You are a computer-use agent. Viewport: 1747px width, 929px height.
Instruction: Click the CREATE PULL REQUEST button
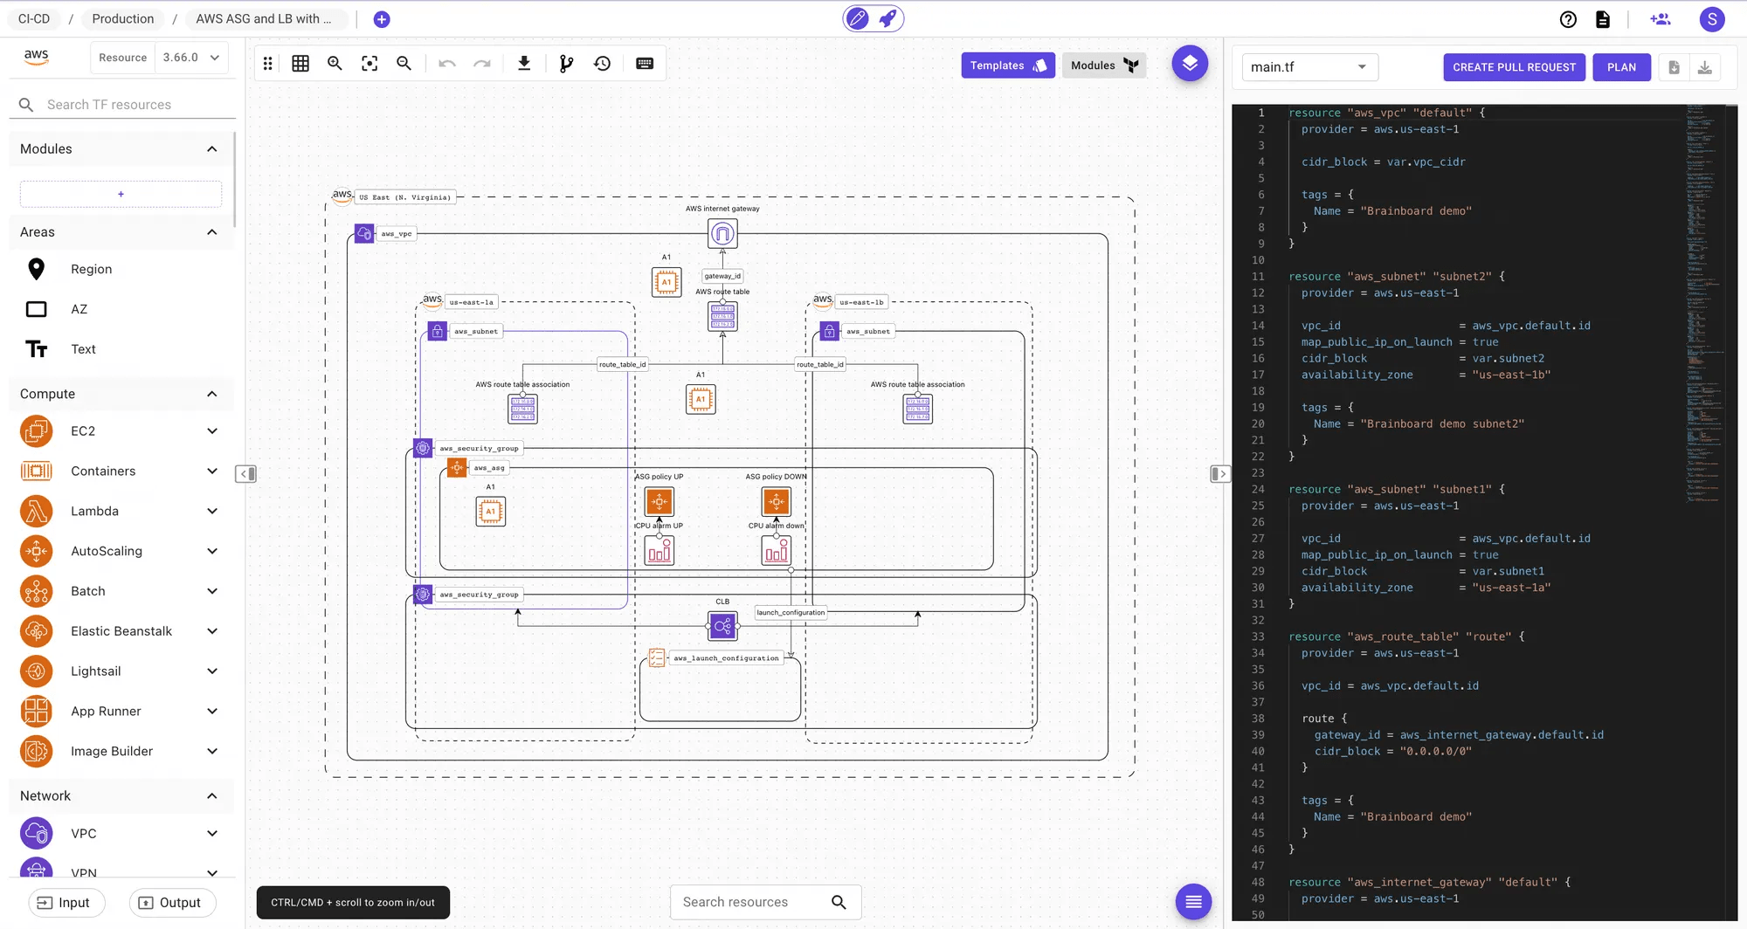pos(1514,67)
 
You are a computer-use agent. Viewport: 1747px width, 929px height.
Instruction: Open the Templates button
pos(1007,65)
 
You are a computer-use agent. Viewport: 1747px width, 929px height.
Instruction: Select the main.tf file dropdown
pos(1309,67)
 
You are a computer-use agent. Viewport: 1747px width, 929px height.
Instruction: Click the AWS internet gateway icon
pos(722,234)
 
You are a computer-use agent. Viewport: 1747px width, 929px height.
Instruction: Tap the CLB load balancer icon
pos(722,626)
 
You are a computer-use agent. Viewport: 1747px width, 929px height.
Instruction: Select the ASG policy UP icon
pos(659,502)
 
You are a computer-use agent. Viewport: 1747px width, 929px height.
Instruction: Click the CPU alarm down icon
pos(776,551)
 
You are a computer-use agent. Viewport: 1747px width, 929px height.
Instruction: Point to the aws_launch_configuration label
pos(726,658)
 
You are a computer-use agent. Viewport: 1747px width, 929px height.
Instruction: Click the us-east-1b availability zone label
pos(861,302)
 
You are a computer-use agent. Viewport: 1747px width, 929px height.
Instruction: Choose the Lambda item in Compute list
pos(94,511)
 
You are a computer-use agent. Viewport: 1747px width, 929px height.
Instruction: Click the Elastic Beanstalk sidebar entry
pos(121,631)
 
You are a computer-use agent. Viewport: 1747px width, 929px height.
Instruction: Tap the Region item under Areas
pos(91,269)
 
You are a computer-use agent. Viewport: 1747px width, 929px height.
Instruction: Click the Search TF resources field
pos(131,105)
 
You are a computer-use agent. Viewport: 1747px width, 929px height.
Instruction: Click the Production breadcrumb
pos(123,19)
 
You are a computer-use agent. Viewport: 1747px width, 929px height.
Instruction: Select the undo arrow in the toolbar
pos(447,64)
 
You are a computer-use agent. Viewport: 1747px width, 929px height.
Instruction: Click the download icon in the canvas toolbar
pos(524,64)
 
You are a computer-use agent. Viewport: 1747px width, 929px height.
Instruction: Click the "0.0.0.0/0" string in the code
pos(1435,751)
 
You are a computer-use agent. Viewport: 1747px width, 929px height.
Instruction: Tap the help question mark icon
pos(1568,19)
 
